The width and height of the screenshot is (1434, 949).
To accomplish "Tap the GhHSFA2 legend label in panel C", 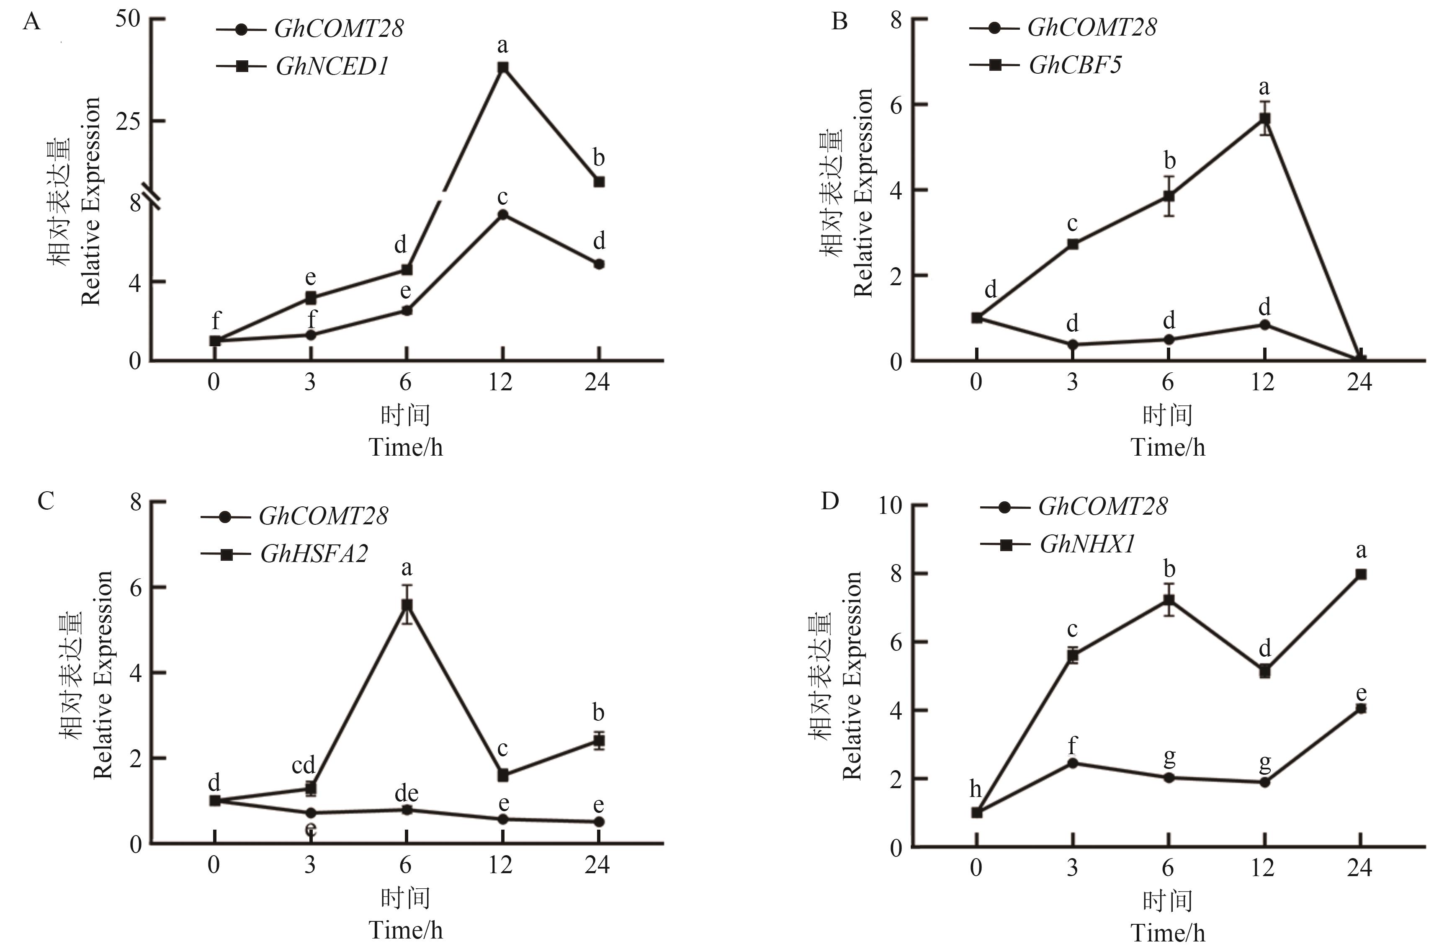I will (314, 554).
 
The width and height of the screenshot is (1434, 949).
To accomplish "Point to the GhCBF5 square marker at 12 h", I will (1264, 119).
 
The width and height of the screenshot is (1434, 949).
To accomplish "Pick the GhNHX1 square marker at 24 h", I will (1360, 574).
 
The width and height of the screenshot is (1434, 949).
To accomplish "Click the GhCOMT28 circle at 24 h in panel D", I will (1360, 709).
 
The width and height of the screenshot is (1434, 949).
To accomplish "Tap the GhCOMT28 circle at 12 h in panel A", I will (502, 215).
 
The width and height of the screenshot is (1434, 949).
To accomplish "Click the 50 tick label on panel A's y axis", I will (128, 19).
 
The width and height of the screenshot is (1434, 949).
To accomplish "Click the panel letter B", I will (839, 22).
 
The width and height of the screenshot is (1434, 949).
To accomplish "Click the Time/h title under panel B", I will (1168, 448).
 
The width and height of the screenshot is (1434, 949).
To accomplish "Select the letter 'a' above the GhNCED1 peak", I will (502, 45).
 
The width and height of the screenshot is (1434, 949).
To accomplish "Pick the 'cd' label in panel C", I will (303, 765).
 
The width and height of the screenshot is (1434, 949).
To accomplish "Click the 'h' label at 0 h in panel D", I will (976, 789).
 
